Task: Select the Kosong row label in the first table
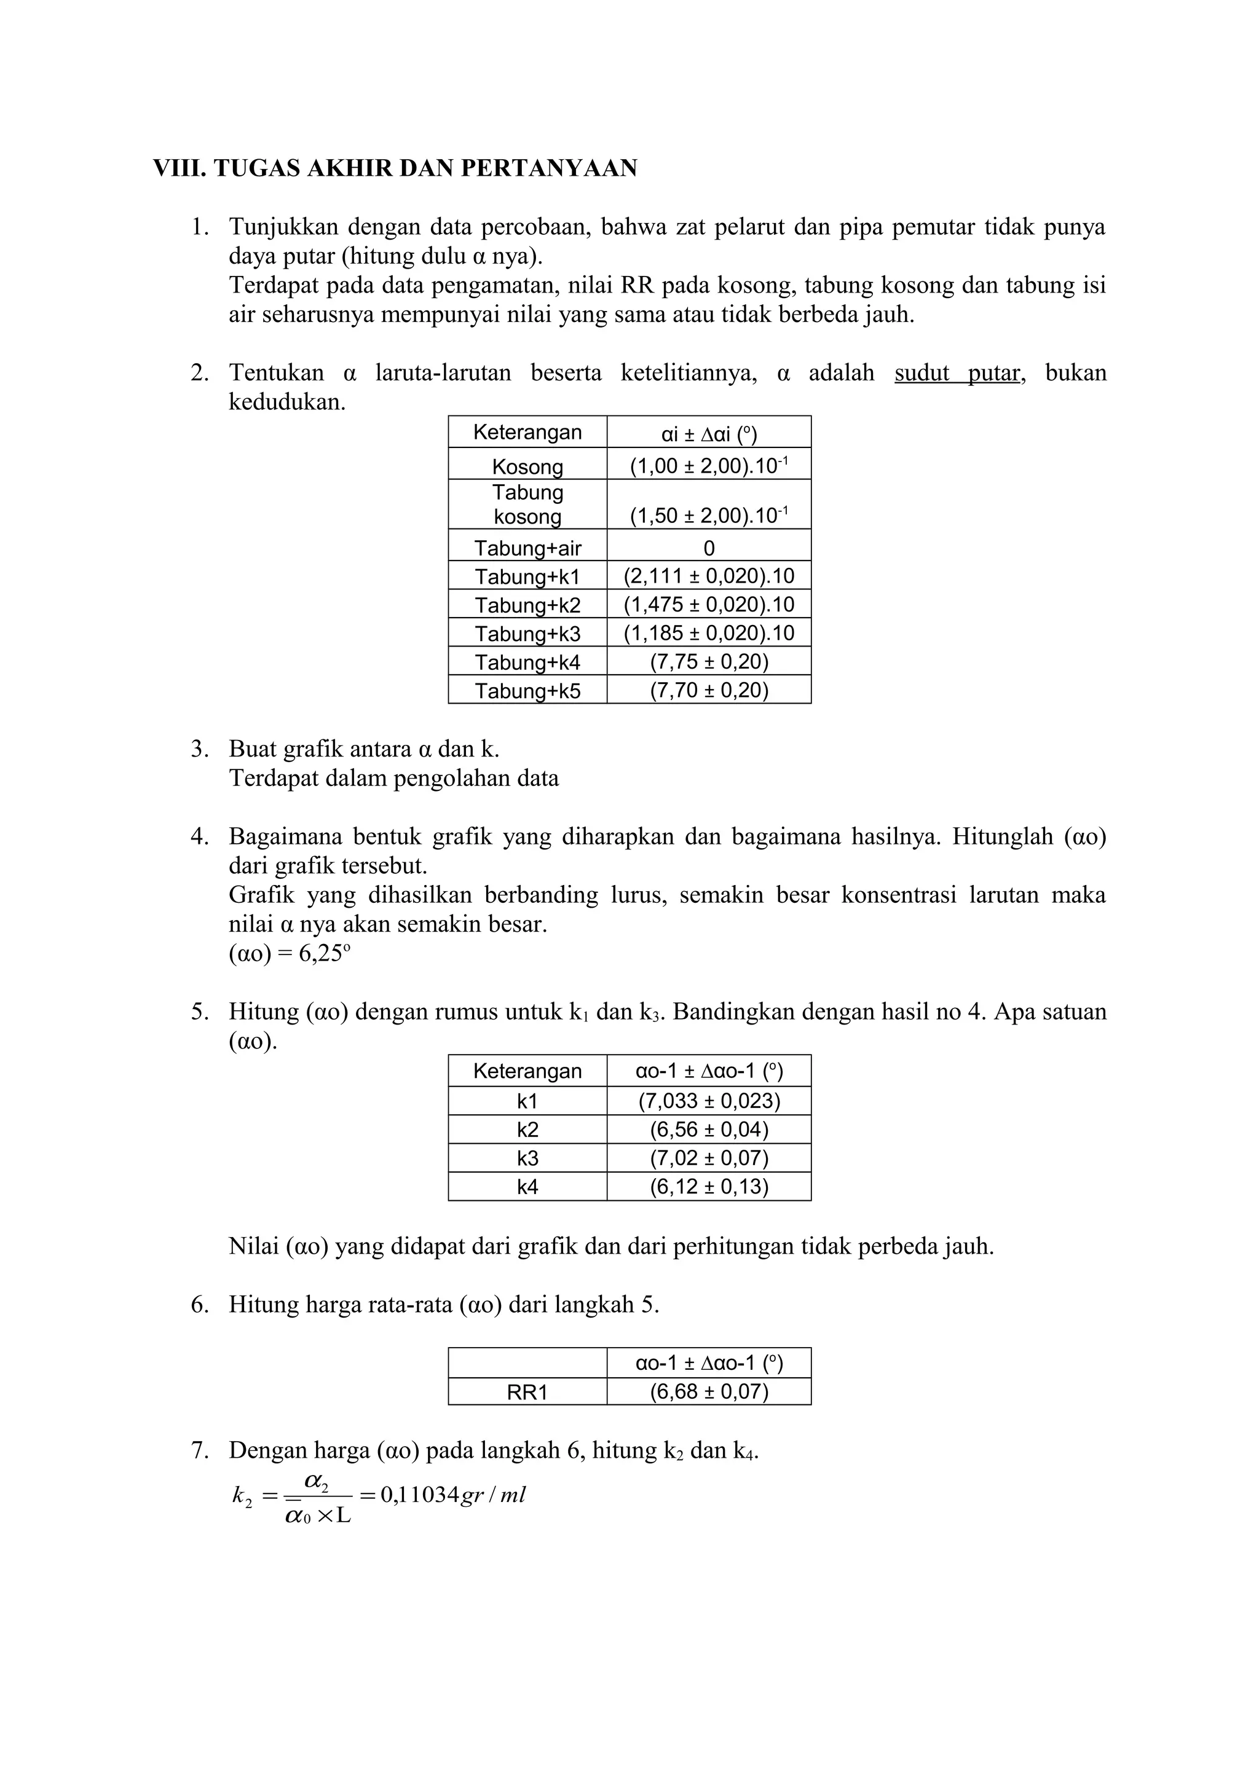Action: click(x=527, y=466)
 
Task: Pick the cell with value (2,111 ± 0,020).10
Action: click(x=709, y=576)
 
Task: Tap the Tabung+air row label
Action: click(x=527, y=548)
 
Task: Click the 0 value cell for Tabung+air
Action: click(x=709, y=548)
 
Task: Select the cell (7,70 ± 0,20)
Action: click(x=709, y=690)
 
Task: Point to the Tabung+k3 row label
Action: click(x=527, y=634)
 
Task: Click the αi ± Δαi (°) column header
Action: click(x=709, y=433)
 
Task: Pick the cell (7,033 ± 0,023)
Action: click(x=709, y=1101)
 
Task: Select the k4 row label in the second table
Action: click(x=527, y=1186)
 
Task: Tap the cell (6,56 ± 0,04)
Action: click(x=709, y=1130)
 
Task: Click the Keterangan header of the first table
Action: click(x=527, y=432)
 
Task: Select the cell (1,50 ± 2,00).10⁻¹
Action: click(x=709, y=516)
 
